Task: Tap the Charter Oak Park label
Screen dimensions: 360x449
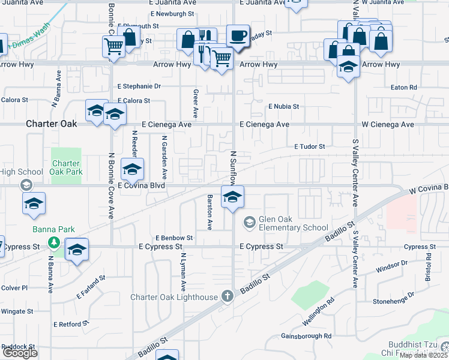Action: [66, 167]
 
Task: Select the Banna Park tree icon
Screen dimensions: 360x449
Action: [54, 242]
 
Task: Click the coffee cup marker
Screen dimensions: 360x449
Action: [238, 35]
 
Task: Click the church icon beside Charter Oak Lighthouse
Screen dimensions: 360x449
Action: [227, 296]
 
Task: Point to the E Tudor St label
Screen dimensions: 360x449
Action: [309, 146]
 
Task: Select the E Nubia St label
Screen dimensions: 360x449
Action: [283, 106]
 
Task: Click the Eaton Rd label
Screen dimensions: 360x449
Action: [403, 88]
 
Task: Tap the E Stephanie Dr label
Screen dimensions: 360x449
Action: [139, 86]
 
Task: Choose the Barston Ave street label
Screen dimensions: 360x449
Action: [209, 212]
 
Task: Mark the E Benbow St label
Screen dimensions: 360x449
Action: [174, 238]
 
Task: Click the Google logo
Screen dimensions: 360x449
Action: [20, 353]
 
